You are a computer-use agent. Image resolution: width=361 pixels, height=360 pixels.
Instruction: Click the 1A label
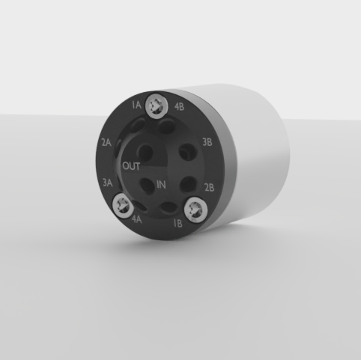136,106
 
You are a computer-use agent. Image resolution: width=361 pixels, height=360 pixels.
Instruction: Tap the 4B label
179,106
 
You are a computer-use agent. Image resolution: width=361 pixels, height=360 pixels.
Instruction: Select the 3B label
207,140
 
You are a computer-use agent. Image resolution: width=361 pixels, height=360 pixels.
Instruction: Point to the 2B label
210,186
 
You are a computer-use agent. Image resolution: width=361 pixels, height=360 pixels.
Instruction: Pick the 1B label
178,223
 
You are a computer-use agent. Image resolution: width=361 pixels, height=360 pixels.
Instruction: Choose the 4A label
137,220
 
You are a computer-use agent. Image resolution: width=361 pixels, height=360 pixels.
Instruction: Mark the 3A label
108,182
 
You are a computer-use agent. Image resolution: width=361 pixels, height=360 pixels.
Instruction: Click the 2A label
106,141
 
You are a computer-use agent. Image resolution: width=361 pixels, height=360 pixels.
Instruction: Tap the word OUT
131,165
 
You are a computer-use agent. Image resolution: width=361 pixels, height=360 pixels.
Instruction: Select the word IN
162,185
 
